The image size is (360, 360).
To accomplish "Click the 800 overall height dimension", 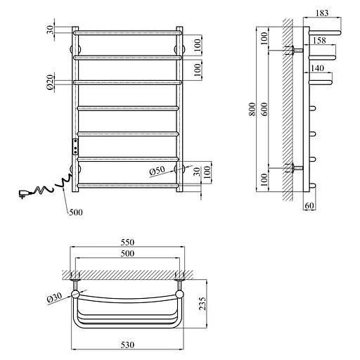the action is pyautogui.click(x=252, y=109).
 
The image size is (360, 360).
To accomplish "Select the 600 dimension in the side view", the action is pyautogui.click(x=264, y=109).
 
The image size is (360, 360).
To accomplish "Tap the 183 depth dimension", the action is pyautogui.click(x=322, y=13).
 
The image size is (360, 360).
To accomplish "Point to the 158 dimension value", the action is pyautogui.click(x=319, y=40).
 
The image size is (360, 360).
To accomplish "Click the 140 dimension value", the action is pyautogui.click(x=317, y=68).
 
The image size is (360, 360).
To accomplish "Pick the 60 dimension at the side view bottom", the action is pyautogui.click(x=309, y=205).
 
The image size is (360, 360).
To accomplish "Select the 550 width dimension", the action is pyautogui.click(x=127, y=242).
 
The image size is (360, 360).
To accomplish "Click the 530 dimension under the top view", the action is pyautogui.click(x=127, y=345).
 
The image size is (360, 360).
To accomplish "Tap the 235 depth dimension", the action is pyautogui.click(x=202, y=304).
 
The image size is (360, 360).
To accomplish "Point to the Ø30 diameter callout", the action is pyautogui.click(x=54, y=298).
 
